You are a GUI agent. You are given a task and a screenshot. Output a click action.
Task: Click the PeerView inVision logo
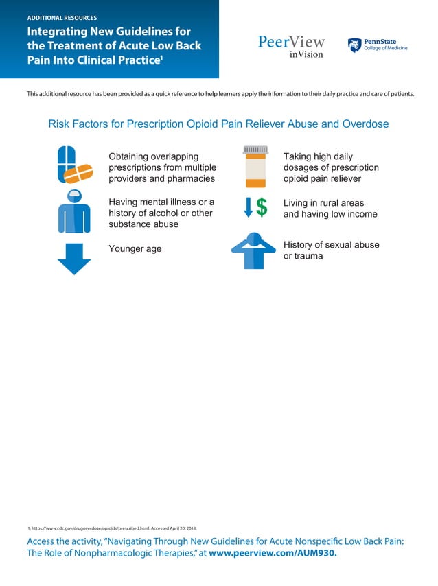[x=291, y=47]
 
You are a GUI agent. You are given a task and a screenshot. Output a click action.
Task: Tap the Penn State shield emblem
[x=354, y=46]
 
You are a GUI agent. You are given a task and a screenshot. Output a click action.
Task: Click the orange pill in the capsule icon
[x=78, y=173]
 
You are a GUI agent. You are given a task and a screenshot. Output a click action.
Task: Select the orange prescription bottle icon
[x=255, y=167]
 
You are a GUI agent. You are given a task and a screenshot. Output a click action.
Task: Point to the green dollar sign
[x=262, y=207]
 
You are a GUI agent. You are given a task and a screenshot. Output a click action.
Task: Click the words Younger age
[x=135, y=248]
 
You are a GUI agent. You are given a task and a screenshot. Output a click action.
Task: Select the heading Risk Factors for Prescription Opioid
[x=218, y=124]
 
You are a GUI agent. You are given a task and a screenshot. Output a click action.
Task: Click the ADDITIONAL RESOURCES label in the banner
[x=62, y=17]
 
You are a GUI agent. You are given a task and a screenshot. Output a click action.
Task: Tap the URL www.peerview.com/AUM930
[x=273, y=554]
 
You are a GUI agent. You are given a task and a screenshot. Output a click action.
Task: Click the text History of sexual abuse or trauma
[x=331, y=250]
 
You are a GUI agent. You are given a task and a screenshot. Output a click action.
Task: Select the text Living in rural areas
[x=323, y=203]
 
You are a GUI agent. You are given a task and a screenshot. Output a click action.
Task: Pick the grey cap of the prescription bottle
[x=255, y=150]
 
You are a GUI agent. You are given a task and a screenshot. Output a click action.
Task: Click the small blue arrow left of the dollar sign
[x=249, y=207]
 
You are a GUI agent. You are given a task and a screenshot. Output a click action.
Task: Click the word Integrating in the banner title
[x=58, y=32]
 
